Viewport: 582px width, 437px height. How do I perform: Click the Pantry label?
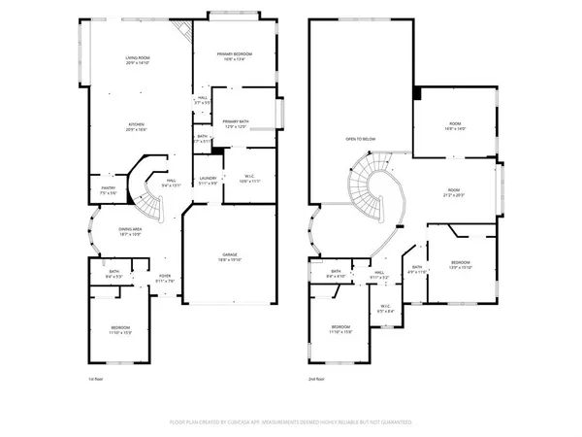click(x=109, y=190)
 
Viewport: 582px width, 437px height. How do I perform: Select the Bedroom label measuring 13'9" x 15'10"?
click(x=461, y=264)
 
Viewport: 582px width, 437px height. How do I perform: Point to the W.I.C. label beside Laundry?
click(x=249, y=178)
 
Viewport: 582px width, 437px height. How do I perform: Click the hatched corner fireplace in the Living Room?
click(x=178, y=31)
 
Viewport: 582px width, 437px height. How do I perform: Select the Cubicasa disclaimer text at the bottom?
click(x=291, y=422)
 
